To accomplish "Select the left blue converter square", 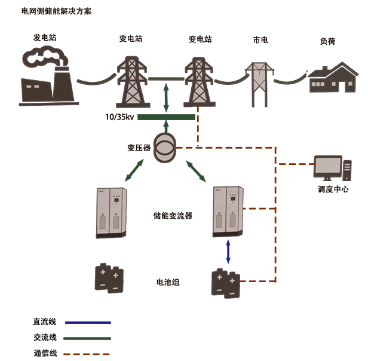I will (134, 170).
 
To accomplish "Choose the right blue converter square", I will (196, 170).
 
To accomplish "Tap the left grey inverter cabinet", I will (112, 212).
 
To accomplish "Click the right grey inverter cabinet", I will (229, 211).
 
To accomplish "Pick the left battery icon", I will (109, 278).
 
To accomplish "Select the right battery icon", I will (225, 282).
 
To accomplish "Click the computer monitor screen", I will (329, 167).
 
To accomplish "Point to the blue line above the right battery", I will (228, 251).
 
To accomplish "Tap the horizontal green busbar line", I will (166, 117).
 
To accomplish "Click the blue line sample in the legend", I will (88, 322).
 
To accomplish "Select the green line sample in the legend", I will (87, 338).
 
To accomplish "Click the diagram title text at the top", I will (56, 11).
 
